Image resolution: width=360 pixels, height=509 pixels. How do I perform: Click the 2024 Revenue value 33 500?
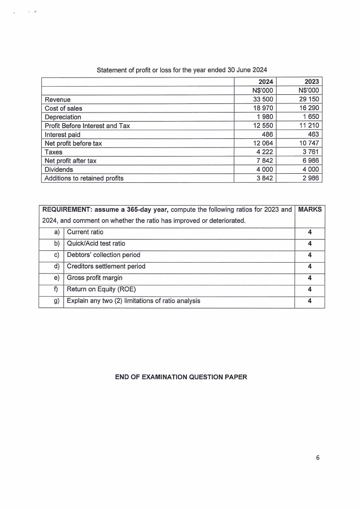[262, 99]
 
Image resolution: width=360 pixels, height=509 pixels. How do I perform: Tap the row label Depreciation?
[63, 117]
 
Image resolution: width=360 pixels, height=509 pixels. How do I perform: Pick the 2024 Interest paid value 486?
[267, 134]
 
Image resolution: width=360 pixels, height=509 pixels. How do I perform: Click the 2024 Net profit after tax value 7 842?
[264, 161]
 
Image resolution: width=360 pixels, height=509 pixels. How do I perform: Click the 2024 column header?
[266, 82]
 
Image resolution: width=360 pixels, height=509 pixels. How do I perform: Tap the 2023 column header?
[311, 82]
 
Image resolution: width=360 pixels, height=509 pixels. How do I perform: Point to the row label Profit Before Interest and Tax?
[88, 126]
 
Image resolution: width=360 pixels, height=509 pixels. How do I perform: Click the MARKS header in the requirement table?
[310, 210]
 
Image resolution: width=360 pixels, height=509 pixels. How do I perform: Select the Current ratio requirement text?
[85, 232]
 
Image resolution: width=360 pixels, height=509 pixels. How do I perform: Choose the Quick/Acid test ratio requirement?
[96, 244]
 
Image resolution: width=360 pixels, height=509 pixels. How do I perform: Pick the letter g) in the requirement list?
[57, 300]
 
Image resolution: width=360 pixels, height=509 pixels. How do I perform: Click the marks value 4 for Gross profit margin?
[310, 278]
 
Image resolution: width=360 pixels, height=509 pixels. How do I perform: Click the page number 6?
[318, 458]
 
